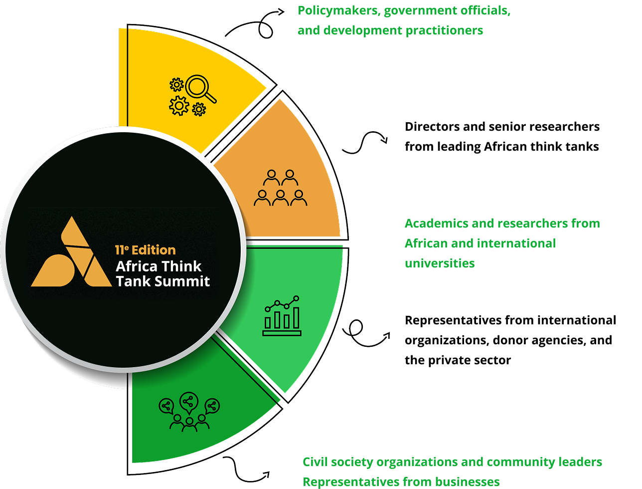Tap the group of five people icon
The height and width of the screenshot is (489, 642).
[x=280, y=188]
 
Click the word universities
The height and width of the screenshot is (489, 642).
[x=440, y=263]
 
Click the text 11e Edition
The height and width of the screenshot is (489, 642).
[x=145, y=250]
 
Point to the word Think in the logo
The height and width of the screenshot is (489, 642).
[x=180, y=266]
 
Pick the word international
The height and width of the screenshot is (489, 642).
[x=516, y=244]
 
